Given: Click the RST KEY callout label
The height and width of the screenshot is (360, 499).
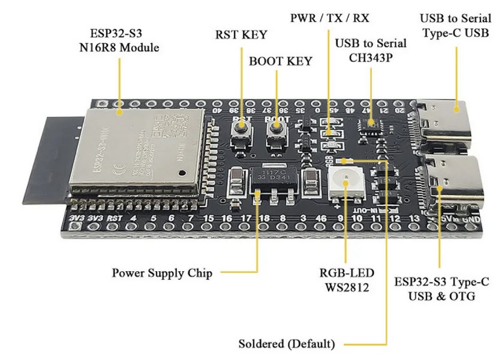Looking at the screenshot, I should (x=241, y=34).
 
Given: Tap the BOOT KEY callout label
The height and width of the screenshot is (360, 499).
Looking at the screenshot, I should (x=281, y=61).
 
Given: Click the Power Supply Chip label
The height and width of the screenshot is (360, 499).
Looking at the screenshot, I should (x=162, y=273).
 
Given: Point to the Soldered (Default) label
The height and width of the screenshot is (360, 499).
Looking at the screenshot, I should (x=287, y=344).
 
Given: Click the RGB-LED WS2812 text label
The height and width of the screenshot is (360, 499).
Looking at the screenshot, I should (x=344, y=280).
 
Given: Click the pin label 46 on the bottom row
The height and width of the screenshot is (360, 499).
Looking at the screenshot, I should (x=322, y=218).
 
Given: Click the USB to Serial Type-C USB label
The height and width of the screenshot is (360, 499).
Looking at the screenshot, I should (x=456, y=25).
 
